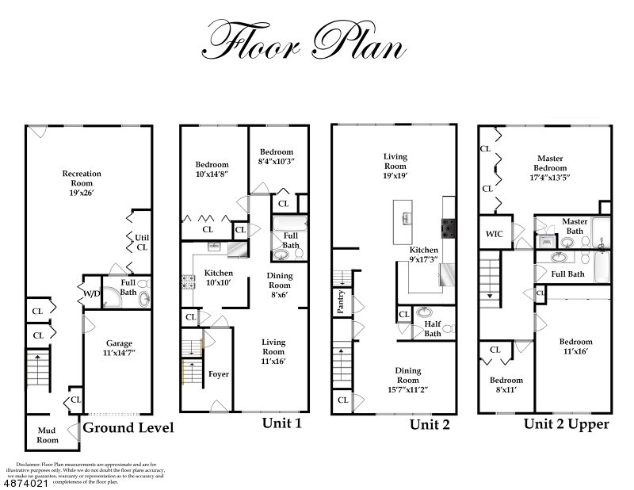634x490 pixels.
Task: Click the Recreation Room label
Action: click(x=82, y=183)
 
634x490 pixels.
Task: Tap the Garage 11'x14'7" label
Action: click(x=119, y=348)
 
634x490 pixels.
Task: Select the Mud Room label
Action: click(x=48, y=435)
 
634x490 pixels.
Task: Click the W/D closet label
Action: click(x=92, y=293)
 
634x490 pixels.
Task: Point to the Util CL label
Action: click(x=142, y=243)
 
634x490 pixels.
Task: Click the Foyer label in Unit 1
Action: click(x=219, y=374)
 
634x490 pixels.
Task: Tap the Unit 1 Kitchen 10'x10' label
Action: click(x=219, y=278)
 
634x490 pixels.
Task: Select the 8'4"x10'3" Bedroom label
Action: click(x=277, y=156)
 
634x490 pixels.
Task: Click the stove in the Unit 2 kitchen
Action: click(x=449, y=228)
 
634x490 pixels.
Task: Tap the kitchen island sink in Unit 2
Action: click(x=406, y=219)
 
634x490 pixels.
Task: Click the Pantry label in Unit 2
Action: click(x=341, y=302)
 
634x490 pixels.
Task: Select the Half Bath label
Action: click(x=433, y=328)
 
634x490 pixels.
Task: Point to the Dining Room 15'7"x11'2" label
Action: click(x=407, y=380)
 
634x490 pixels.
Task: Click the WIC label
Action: click(x=494, y=234)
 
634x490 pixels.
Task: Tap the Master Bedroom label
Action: click(x=550, y=167)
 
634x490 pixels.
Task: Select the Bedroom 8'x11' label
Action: click(x=506, y=385)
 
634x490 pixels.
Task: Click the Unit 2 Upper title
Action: click(x=567, y=424)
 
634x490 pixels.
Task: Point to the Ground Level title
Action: click(x=128, y=427)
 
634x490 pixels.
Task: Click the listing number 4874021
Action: click(x=26, y=484)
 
